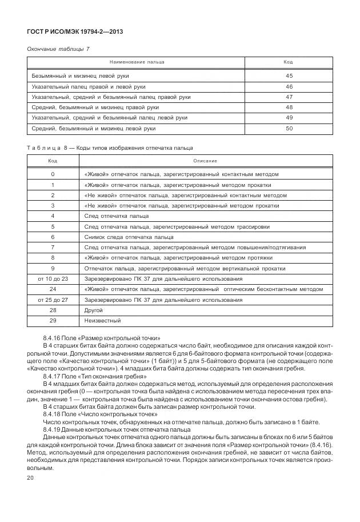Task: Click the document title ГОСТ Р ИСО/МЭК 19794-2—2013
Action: tap(75, 31)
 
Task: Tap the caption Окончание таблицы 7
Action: tap(58, 49)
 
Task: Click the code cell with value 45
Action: tap(289, 76)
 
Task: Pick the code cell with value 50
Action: tap(289, 129)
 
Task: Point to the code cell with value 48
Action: tap(289, 107)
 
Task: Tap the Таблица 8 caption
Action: tap(110, 148)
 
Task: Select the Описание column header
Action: tap(205, 161)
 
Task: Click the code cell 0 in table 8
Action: tap(53, 174)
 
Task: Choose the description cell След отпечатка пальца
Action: tap(117, 216)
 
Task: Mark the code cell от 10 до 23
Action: tap(53, 278)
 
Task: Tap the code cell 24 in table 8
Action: tap(53, 289)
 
